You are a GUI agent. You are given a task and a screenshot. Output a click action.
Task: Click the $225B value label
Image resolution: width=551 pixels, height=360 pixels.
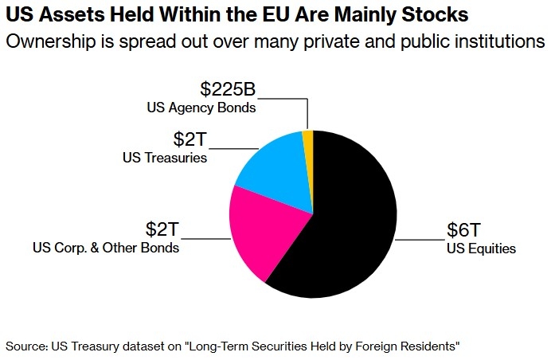tap(228, 89)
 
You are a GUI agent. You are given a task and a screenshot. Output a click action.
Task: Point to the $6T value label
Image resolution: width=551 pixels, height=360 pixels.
tap(463, 230)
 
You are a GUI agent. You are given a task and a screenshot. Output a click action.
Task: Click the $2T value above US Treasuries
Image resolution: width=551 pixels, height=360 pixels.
tap(190, 139)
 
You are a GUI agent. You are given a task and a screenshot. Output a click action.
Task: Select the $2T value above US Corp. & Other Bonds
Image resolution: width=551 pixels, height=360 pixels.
tap(162, 229)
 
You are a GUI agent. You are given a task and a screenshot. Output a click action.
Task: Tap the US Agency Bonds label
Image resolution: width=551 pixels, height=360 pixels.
tap(201, 108)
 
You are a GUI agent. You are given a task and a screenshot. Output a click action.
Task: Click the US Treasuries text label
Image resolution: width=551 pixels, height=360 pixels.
tap(165, 158)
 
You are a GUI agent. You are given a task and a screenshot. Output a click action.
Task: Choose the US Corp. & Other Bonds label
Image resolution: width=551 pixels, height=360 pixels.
tap(106, 248)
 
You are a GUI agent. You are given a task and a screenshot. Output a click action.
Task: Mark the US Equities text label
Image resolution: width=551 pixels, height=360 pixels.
tap(481, 248)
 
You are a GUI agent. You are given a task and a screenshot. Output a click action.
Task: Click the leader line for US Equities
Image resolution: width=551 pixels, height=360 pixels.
tap(420, 240)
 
